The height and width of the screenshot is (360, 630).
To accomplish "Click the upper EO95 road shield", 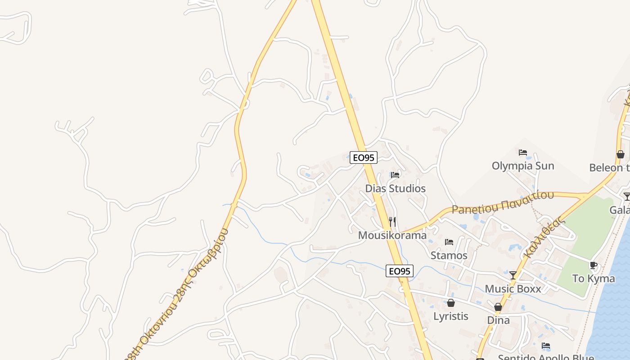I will tap(364, 157).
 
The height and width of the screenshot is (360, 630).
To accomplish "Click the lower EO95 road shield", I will tap(399, 271).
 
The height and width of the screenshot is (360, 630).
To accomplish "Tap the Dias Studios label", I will tap(395, 189).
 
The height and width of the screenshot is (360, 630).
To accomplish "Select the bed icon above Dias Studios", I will tap(395, 175).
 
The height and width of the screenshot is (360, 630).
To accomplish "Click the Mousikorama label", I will tap(392, 235).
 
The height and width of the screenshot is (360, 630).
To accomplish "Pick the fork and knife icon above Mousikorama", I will tap(392, 221).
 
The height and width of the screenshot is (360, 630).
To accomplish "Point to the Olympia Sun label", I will tap(523, 166).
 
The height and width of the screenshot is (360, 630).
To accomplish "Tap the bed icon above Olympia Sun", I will tap(523, 153).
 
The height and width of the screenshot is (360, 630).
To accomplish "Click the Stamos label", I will tap(449, 256).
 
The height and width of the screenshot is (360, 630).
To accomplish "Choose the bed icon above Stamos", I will tap(449, 242).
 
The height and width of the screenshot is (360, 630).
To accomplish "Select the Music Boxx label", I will tap(513, 289).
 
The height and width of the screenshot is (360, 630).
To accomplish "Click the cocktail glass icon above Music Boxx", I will tap(513, 275).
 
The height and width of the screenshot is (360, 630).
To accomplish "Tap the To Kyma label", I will tap(594, 279).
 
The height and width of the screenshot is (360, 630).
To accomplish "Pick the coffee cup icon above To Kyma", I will tap(594, 265).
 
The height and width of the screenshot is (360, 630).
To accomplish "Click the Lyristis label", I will tap(451, 316).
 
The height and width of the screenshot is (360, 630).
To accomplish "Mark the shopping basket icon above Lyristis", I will tap(451, 303).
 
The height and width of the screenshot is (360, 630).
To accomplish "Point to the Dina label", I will tap(498, 320).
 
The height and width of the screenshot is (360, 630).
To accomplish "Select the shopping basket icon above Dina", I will tap(498, 307).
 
